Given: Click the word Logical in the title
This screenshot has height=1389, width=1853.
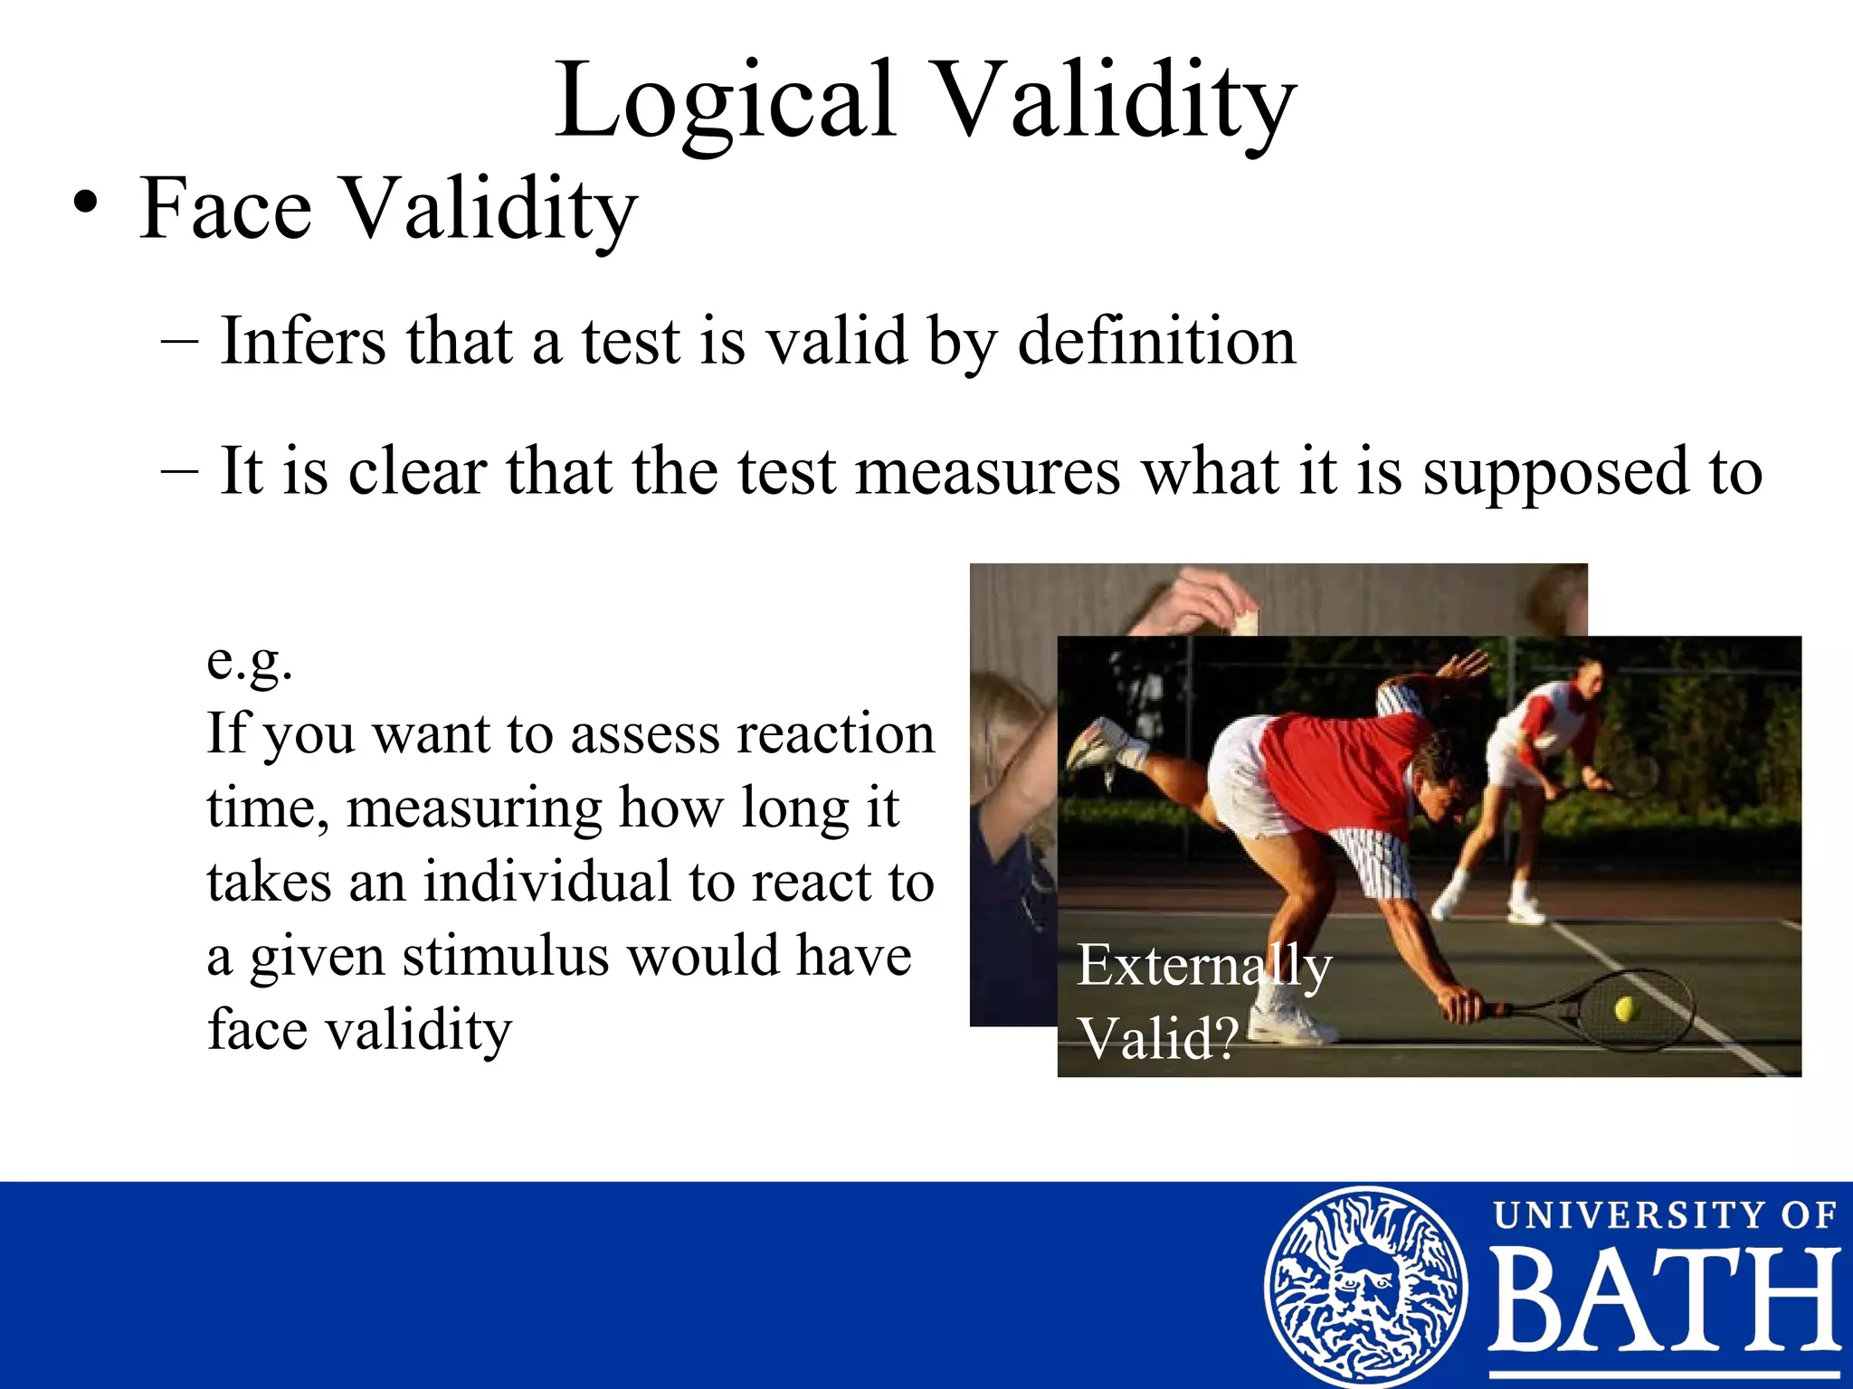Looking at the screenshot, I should (724, 101).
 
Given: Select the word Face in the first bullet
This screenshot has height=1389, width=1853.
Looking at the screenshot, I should (226, 209).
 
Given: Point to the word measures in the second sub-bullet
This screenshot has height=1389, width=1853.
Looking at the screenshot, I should (987, 472).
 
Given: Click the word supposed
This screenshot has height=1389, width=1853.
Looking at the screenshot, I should (1555, 472).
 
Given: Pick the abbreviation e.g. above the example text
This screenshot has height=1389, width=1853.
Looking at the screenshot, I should (250, 662).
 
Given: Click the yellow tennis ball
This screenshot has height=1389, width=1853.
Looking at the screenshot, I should (1626, 1008).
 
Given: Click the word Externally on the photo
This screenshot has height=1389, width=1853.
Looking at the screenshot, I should (1203, 965).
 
